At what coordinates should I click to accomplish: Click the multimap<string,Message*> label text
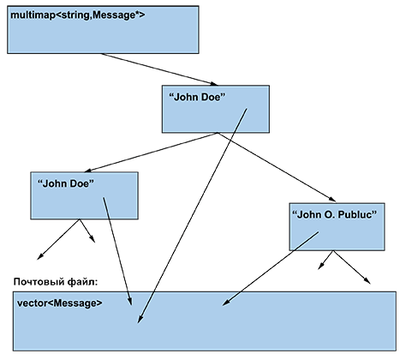77,15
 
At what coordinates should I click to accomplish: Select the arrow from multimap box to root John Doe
159,69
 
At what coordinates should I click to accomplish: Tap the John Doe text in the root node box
197,97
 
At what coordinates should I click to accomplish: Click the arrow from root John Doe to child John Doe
151,153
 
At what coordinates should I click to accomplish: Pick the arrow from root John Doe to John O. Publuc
277,167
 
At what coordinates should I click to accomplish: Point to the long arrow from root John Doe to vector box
192,216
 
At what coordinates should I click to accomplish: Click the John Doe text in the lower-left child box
66,183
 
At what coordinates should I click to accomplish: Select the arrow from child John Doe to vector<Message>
117,251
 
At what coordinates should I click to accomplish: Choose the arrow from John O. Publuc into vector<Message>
270,269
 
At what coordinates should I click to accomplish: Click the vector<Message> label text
59,303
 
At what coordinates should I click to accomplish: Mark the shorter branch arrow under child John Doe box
87,231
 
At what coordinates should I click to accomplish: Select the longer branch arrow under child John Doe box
58,239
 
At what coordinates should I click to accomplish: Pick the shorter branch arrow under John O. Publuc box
325,260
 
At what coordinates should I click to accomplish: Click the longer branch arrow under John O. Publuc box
352,267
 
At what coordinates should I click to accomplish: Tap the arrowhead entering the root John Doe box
214,84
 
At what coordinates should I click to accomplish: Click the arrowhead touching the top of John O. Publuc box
332,200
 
